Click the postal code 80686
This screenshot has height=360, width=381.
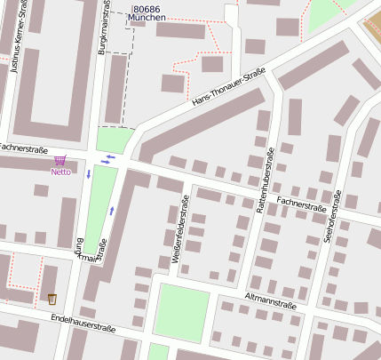click(x=147, y=7)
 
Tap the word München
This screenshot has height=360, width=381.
click(x=147, y=18)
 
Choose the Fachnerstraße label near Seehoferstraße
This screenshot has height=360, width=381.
click(x=301, y=204)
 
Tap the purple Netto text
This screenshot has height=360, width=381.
click(x=60, y=172)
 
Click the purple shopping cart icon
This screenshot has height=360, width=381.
click(x=60, y=160)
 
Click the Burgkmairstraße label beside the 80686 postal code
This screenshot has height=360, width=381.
click(x=104, y=28)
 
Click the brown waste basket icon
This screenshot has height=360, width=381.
click(x=52, y=299)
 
